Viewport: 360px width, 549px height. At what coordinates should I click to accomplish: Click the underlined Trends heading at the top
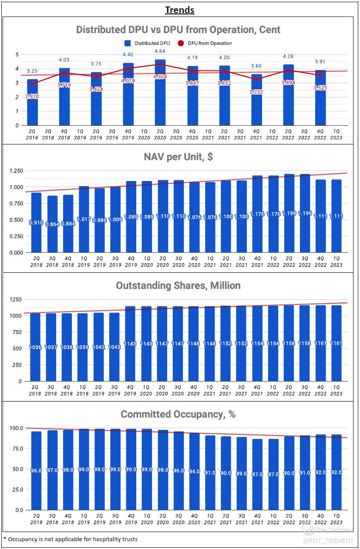click(180, 10)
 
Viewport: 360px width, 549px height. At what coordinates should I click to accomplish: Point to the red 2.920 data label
click(32, 96)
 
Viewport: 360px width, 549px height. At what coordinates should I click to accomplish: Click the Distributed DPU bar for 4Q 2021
click(257, 109)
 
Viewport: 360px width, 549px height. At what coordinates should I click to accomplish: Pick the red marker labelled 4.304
click(160, 64)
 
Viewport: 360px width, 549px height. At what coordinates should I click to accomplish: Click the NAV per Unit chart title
click(178, 157)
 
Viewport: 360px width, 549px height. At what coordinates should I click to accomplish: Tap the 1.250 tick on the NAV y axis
click(17, 171)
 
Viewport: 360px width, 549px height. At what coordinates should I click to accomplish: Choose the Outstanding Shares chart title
click(178, 285)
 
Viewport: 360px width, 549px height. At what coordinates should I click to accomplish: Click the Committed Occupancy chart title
click(178, 414)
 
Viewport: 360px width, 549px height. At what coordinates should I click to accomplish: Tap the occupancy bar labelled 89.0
click(241, 483)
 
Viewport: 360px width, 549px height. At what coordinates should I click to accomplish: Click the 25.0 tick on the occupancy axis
click(17, 489)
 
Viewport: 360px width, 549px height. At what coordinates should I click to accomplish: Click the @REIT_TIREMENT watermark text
click(329, 541)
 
